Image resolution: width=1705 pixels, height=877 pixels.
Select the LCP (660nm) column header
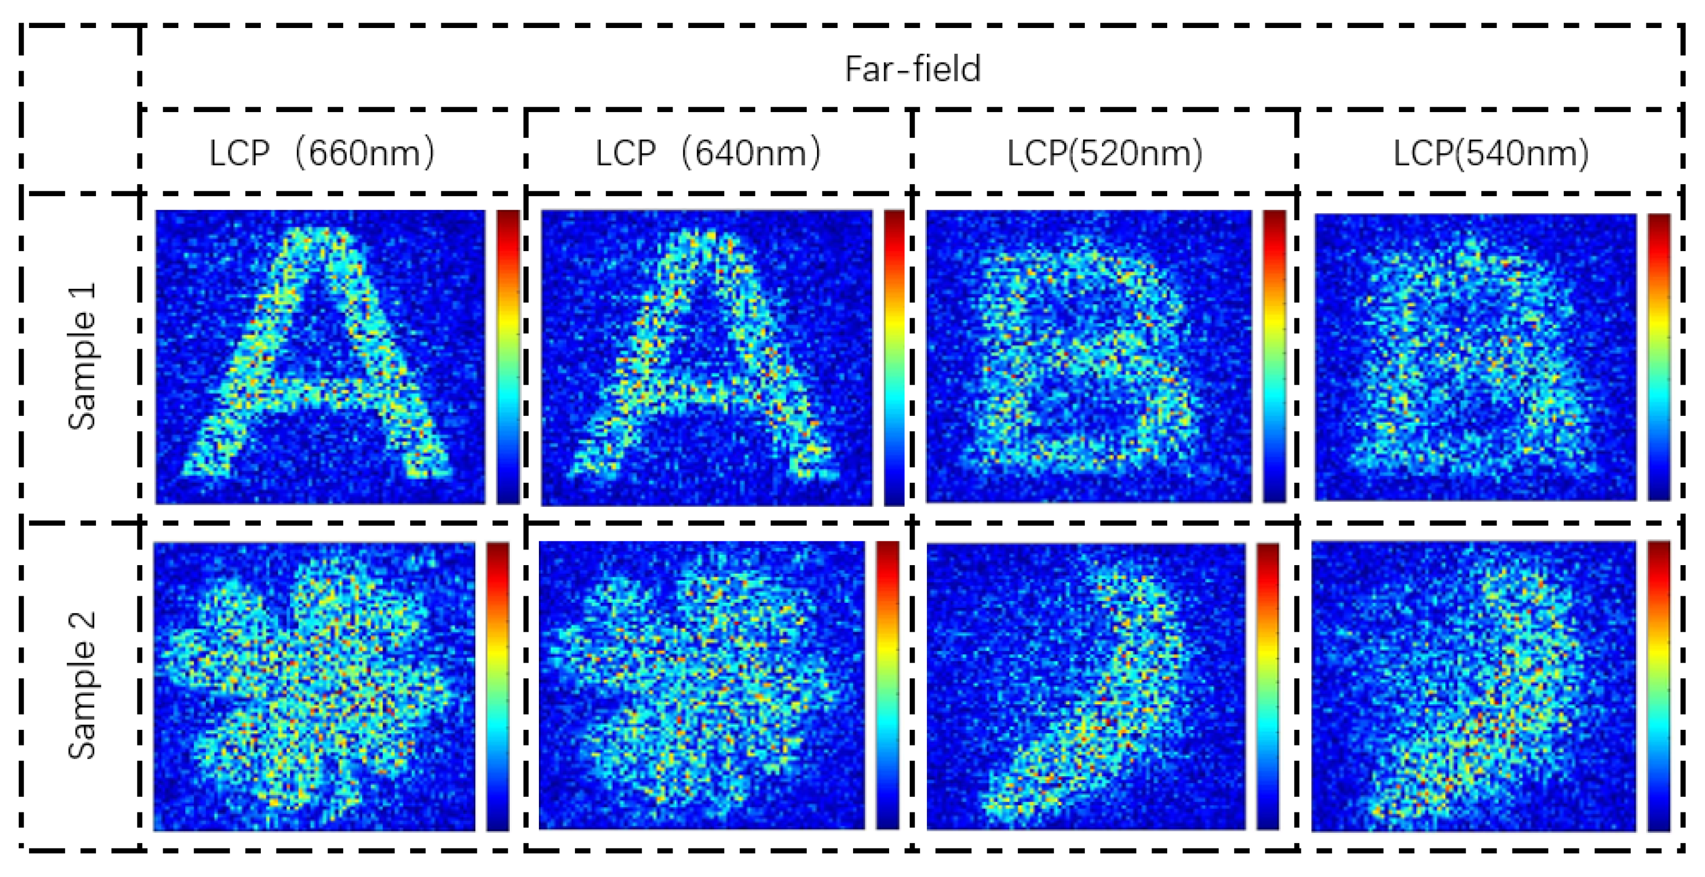(x=322, y=154)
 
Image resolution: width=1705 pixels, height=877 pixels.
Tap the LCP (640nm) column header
(x=708, y=154)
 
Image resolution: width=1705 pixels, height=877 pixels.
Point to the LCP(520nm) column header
(x=1104, y=154)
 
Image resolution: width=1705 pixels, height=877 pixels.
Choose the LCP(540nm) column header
(x=1491, y=154)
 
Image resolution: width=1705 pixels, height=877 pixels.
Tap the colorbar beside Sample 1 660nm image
(x=508, y=357)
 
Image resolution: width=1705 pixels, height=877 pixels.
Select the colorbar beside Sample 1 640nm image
(x=893, y=357)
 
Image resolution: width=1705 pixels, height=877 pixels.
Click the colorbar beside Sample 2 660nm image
(x=498, y=686)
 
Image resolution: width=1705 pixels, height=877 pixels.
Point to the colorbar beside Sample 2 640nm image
(x=888, y=685)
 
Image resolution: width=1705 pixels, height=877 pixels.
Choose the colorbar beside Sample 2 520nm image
(x=1267, y=686)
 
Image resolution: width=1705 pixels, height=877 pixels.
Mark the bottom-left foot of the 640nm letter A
(x=589, y=467)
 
